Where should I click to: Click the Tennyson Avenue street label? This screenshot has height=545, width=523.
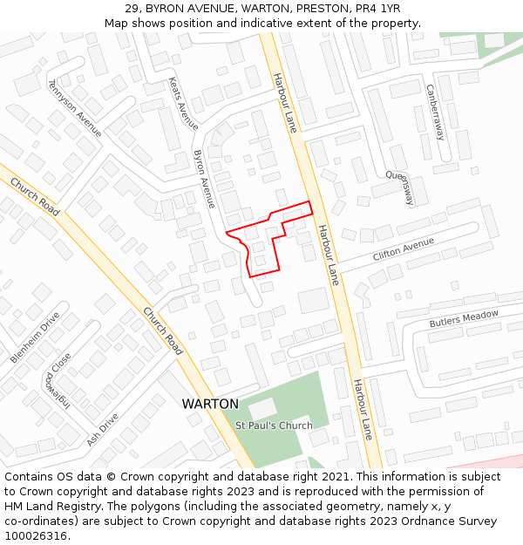(74, 108)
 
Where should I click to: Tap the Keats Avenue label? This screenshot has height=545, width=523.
(183, 103)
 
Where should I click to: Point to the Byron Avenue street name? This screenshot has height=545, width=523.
(203, 179)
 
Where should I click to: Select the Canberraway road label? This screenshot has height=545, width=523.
(435, 112)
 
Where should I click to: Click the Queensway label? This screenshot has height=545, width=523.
(402, 186)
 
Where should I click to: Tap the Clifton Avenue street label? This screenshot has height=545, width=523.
(403, 249)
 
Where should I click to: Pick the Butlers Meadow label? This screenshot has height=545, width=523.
(464, 319)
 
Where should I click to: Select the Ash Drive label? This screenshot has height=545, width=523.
(102, 430)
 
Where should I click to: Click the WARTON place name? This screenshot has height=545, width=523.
(210, 404)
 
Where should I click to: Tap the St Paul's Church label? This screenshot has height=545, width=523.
(274, 426)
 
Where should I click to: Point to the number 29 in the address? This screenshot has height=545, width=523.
(132, 8)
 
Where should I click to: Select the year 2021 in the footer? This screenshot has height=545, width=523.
(336, 477)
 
